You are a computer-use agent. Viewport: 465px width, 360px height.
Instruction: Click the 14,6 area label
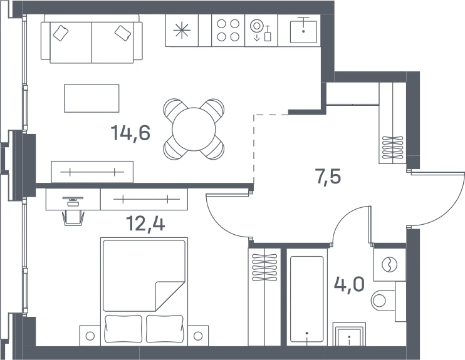[x=130, y=133]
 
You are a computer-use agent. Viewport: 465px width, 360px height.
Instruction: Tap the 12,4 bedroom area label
[x=145, y=223]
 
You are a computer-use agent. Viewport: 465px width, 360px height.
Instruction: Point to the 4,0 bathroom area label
[x=349, y=284]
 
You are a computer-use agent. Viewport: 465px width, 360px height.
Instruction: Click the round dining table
[x=194, y=129]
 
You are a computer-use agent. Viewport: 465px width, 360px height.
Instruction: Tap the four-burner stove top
[x=228, y=30]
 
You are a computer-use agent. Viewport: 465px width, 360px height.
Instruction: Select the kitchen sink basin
[x=303, y=31]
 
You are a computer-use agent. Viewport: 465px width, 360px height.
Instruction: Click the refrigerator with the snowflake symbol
[x=182, y=30]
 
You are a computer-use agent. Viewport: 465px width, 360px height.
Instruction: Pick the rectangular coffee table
[x=91, y=98]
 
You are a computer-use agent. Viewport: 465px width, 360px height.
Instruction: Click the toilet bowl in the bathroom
[x=382, y=301]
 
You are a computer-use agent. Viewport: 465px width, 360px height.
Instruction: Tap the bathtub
[x=306, y=299]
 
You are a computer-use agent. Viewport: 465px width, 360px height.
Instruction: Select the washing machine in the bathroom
[x=389, y=265]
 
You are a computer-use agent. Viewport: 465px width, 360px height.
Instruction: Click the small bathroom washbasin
[x=349, y=334]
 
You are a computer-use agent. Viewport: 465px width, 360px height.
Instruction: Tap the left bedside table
[x=90, y=336]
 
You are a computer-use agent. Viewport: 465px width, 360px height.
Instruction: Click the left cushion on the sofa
[x=61, y=33]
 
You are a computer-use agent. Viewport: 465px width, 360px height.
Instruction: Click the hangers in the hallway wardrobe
[x=393, y=147]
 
